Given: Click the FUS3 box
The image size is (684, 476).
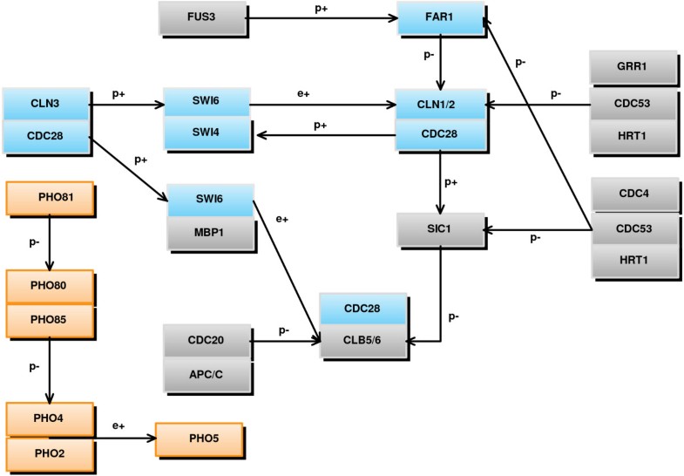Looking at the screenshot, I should coord(202,17).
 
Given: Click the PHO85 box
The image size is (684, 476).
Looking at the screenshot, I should coord(49,320).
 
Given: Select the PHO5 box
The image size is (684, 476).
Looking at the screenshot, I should coord(199,438).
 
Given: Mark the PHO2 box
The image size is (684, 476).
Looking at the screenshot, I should coord(49,453).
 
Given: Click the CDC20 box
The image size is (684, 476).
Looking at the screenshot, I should coord(207,340).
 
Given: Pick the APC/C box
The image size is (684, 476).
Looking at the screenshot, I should coord(207,375).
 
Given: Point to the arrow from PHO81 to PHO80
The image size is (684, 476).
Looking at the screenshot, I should coord(49,243).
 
